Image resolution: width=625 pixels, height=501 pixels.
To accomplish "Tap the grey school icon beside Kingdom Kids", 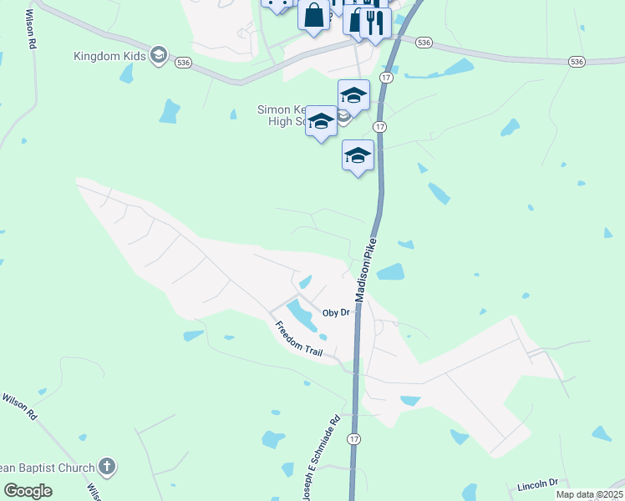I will [x=159, y=56].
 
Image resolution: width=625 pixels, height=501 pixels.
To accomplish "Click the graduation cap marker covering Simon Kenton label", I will [x=321, y=121].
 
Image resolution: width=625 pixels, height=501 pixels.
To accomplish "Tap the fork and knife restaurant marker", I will [x=374, y=23].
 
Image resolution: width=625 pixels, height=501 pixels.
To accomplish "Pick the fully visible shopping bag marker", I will [x=313, y=16].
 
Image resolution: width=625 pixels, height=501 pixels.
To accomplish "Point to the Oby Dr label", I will [x=335, y=312].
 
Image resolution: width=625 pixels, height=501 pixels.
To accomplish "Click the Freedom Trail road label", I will [x=298, y=339].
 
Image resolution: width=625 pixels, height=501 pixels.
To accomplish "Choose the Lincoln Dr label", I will [x=536, y=483].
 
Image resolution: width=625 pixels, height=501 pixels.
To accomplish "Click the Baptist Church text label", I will [x=46, y=467].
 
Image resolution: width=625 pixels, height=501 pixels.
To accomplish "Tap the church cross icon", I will [x=106, y=466].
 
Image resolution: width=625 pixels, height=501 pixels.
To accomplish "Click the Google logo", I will [x=28, y=491].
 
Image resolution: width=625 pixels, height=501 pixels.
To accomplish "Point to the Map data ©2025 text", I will [x=589, y=494].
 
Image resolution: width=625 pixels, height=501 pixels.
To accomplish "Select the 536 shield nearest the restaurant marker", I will [x=424, y=42].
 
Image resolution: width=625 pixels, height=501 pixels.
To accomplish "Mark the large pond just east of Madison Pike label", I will [x=390, y=272].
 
